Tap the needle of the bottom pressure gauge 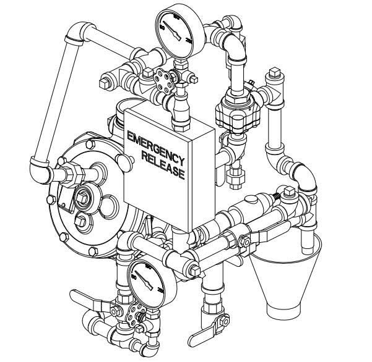146,280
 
